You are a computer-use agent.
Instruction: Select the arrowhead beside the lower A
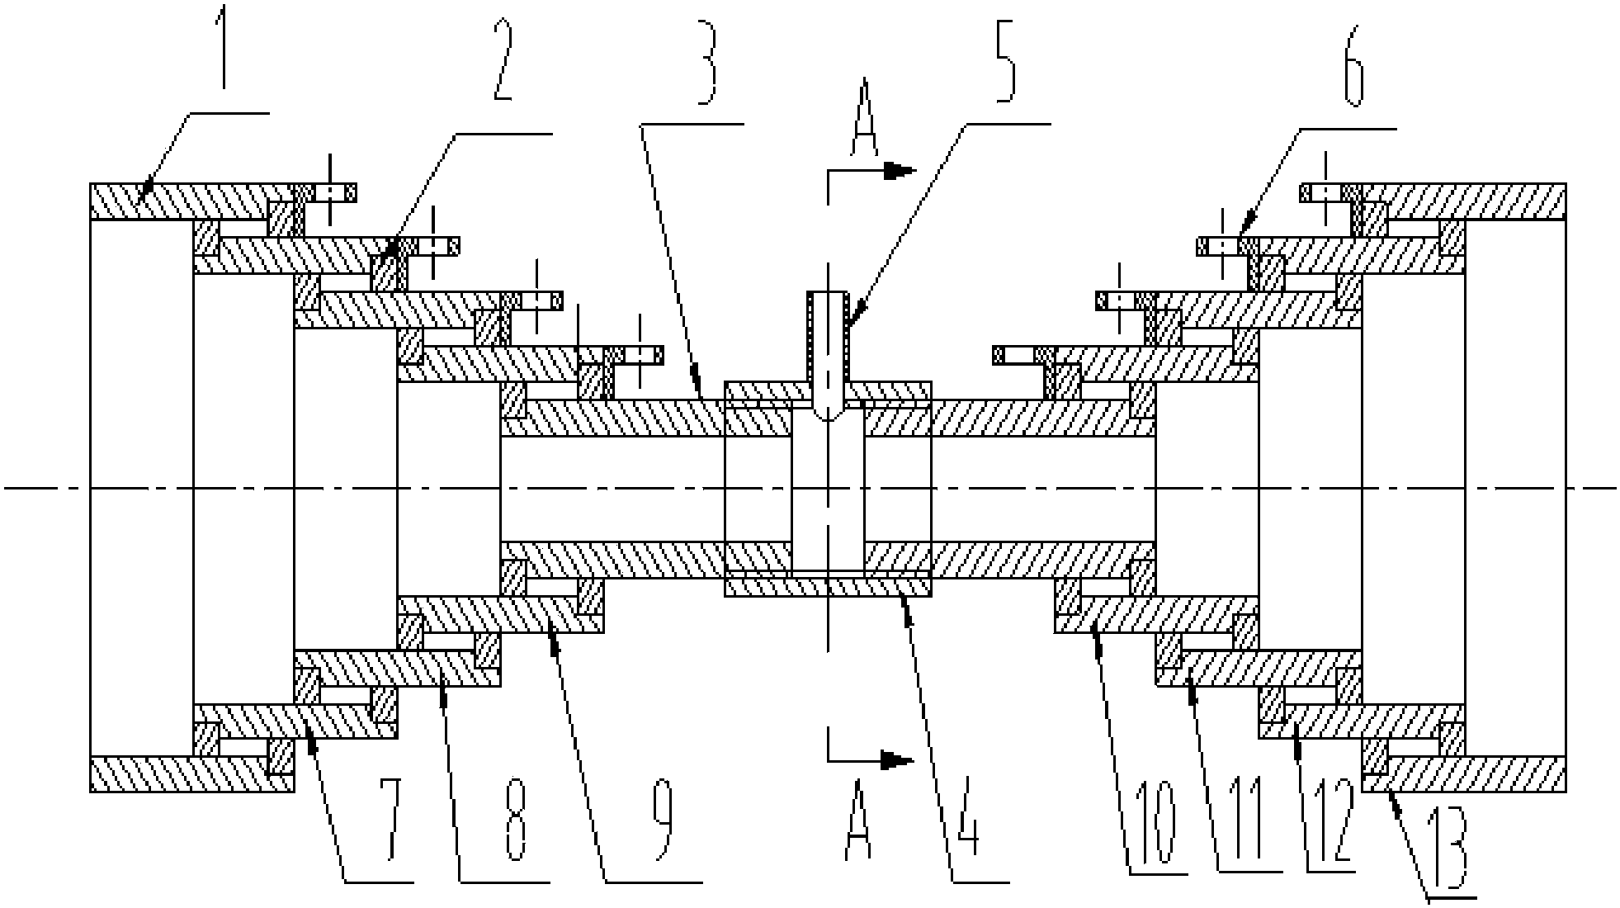pos(897,759)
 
